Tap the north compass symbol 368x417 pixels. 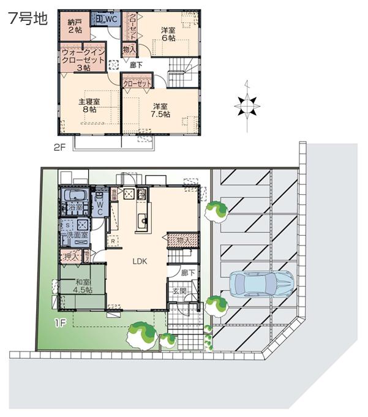[x=247, y=106]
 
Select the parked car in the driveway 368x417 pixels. [x=261, y=284]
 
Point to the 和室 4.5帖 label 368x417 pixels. [x=83, y=286]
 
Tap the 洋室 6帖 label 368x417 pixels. [x=168, y=34]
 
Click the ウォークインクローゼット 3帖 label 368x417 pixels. [x=83, y=60]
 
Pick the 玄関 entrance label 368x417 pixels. [x=179, y=291]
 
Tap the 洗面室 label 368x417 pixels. [x=77, y=235]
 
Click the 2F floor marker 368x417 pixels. [x=59, y=147]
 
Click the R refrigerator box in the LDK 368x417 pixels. [x=114, y=241]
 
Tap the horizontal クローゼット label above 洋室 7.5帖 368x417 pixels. [x=137, y=83]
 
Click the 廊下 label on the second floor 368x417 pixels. [x=136, y=64]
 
